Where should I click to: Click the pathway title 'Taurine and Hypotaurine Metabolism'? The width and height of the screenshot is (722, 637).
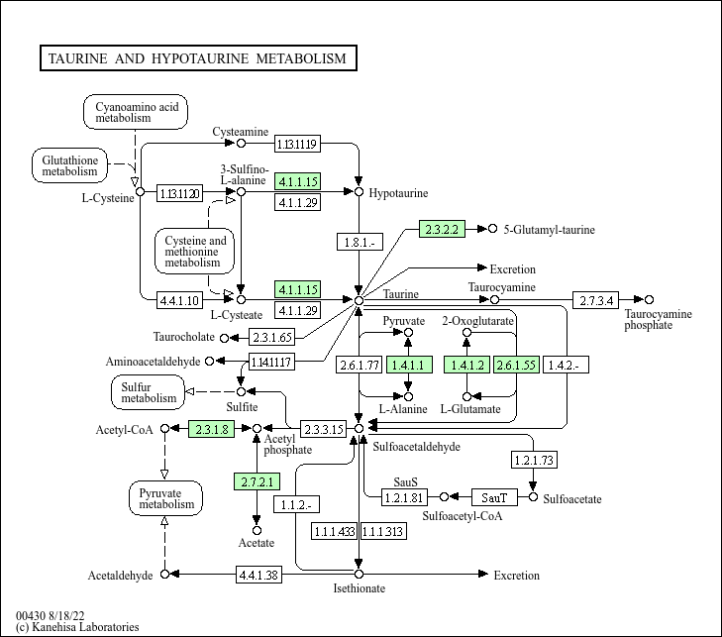point(197,58)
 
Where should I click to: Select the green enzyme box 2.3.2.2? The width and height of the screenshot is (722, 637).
point(442,229)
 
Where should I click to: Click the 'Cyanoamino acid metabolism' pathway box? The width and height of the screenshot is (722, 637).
point(136,111)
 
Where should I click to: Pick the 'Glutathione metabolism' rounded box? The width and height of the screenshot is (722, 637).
point(69,165)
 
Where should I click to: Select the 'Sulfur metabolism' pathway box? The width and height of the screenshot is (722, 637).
point(149,391)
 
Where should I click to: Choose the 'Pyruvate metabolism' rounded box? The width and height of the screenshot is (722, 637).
point(165,497)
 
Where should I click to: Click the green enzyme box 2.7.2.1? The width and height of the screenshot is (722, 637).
point(258,482)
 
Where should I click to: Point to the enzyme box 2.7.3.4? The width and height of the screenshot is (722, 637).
point(596,299)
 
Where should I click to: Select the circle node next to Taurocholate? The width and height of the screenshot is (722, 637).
point(224,337)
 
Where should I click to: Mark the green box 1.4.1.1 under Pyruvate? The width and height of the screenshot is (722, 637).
point(408,366)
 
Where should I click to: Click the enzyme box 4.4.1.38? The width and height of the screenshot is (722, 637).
point(258,575)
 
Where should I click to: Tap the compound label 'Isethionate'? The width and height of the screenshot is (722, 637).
point(359,588)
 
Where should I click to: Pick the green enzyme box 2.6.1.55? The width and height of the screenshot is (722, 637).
point(515,366)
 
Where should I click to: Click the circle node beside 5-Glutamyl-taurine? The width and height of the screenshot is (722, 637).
point(492,229)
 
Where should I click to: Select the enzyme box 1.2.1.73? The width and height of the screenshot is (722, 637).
point(533,460)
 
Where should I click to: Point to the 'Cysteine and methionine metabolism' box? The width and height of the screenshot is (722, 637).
point(194,252)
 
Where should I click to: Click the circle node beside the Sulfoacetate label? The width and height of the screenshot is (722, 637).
point(534,496)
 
